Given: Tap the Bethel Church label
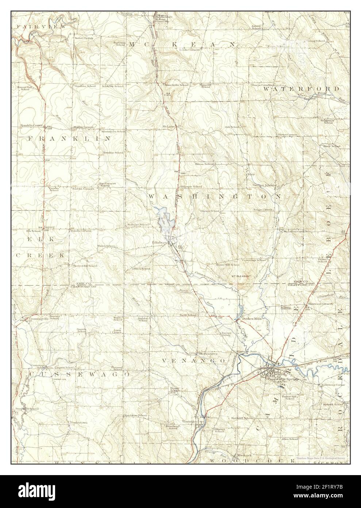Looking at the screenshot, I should point(85,38).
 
